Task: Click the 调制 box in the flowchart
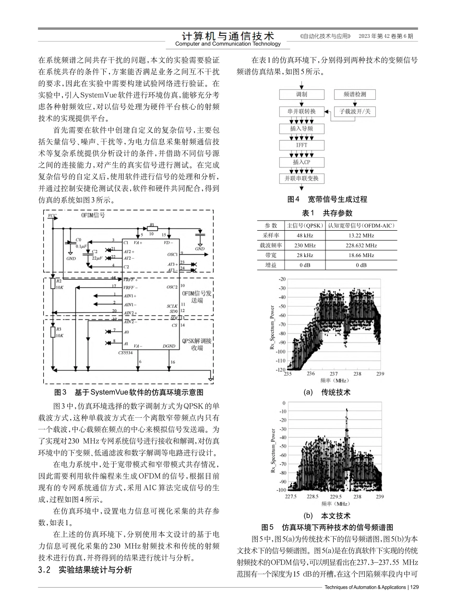point(302,94)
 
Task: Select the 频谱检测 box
point(355,94)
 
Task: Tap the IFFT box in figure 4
point(302,145)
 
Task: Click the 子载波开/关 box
point(355,111)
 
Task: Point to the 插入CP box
point(302,162)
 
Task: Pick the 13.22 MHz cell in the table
point(361,236)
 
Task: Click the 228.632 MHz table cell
point(361,245)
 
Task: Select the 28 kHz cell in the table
point(305,255)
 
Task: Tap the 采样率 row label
point(271,236)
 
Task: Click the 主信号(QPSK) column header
point(305,225)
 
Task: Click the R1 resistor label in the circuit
point(151,224)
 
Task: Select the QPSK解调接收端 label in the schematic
point(197,344)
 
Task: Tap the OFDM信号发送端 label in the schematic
point(197,296)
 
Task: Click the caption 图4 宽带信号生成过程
point(327,199)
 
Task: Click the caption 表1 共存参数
point(327,213)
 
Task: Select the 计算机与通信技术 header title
point(228,36)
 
